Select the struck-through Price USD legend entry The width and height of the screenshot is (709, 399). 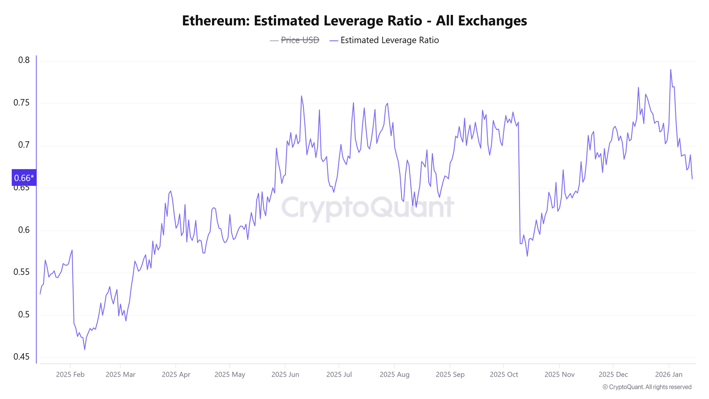pyautogui.click(x=300, y=40)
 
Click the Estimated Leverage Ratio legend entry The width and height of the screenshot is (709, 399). pyautogui.click(x=389, y=40)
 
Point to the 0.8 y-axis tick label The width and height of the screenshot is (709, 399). pyautogui.click(x=24, y=60)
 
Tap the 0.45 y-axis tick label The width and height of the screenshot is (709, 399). pyautogui.click(x=21, y=357)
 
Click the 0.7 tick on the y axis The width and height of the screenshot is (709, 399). pyautogui.click(x=24, y=145)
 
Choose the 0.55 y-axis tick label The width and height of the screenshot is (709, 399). pyautogui.click(x=21, y=272)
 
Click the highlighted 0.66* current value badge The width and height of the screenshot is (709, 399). pyautogui.click(x=24, y=178)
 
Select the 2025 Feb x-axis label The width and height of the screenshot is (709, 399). pyautogui.click(x=70, y=375)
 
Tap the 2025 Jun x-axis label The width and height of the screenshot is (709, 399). pyautogui.click(x=285, y=375)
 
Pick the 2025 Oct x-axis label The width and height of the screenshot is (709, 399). pyautogui.click(x=504, y=375)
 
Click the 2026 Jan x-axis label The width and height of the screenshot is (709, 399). pyautogui.click(x=669, y=375)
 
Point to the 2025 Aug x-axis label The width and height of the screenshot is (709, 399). pyautogui.click(x=394, y=375)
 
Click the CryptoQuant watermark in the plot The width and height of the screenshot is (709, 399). pyautogui.click(x=367, y=207)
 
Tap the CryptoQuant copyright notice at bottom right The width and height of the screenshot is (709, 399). pyautogui.click(x=647, y=387)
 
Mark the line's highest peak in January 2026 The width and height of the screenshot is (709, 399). pyautogui.click(x=670, y=70)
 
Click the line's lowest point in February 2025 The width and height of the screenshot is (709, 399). pyautogui.click(x=85, y=349)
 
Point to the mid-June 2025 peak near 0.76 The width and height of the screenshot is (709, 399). pyautogui.click(x=301, y=96)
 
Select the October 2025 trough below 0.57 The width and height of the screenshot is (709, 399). pyautogui.click(x=527, y=256)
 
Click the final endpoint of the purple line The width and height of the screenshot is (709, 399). pyautogui.click(x=692, y=178)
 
